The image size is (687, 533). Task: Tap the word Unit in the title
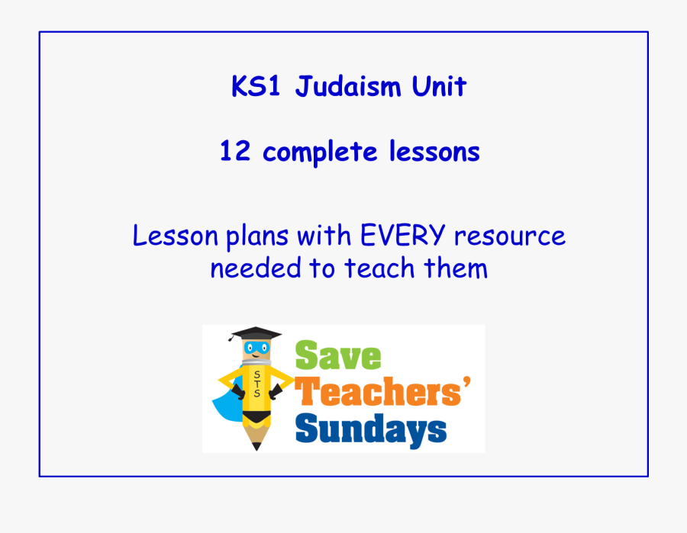[438, 87]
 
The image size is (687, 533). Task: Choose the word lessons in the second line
[434, 153]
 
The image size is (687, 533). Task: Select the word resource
[510, 236]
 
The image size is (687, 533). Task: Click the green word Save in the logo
[337, 356]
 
